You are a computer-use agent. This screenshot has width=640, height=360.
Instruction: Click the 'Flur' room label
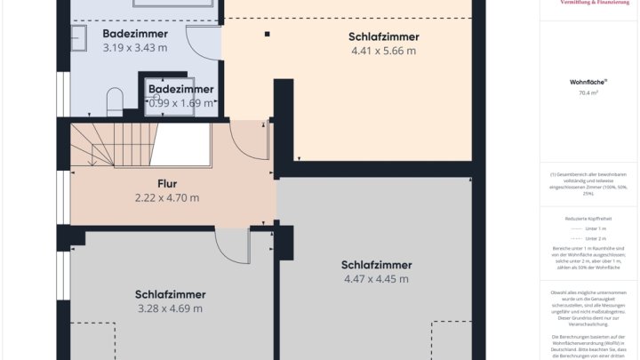[167, 184]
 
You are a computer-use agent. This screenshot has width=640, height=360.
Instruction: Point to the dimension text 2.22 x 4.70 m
[167, 197]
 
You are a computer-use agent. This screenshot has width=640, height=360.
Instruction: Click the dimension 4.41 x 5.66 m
[383, 51]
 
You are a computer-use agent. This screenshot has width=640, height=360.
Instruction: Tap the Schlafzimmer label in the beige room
[383, 36]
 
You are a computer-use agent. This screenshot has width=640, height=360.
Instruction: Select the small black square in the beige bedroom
[266, 35]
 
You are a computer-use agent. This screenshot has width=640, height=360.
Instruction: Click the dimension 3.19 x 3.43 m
[134, 47]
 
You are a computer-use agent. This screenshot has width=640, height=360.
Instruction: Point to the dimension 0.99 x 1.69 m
[181, 103]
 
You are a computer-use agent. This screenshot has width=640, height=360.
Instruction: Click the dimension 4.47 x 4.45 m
[376, 279]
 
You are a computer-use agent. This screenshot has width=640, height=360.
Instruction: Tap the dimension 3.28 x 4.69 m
[171, 308]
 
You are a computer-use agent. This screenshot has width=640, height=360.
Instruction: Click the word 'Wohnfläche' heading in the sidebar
[588, 81]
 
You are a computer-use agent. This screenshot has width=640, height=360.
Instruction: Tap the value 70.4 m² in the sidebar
[588, 92]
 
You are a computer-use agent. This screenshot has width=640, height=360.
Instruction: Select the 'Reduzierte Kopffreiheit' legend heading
[588, 218]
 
